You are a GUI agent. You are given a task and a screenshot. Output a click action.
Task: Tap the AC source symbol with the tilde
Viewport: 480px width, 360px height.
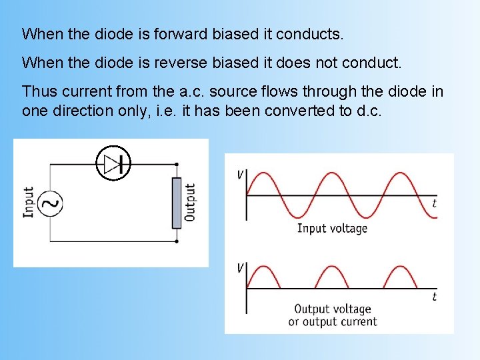coord(49,203)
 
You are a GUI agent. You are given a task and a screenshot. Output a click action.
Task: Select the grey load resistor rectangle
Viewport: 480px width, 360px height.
coord(177,203)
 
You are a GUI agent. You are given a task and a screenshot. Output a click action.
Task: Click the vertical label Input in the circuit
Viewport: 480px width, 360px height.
coord(28,202)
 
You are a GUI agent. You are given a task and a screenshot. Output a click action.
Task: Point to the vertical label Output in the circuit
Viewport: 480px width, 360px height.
coord(191,203)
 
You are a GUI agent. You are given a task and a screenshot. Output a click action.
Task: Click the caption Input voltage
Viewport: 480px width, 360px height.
coord(332,228)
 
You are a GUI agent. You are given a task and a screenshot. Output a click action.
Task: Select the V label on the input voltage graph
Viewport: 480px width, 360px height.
coord(239,175)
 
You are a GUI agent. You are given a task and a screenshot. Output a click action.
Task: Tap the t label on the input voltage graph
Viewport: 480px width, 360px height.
coord(434,203)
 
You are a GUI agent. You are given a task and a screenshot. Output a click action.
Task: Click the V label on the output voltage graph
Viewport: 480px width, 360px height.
coord(239,268)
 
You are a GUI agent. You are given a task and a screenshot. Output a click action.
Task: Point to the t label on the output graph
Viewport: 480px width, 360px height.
coord(434,297)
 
